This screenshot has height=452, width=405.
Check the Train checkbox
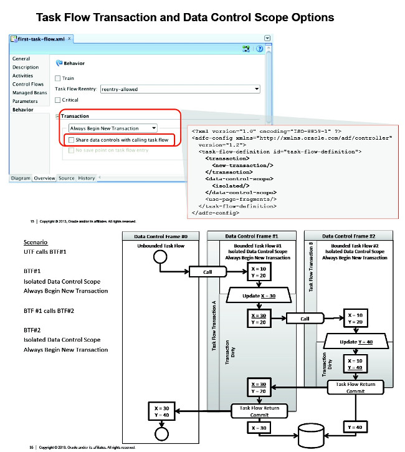point(58,79)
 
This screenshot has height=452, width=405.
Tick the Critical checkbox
point(58,100)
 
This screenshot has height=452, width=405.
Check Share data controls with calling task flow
point(72,140)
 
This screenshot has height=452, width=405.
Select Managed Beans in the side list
point(29,92)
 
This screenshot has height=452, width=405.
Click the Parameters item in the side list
point(26,101)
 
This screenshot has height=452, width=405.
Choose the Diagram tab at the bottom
point(21,178)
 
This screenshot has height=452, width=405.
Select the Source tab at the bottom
point(66,178)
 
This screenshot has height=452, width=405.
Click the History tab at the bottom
point(87,178)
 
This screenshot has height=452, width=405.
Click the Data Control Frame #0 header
point(161,236)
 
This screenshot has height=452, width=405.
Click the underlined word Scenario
point(35,242)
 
